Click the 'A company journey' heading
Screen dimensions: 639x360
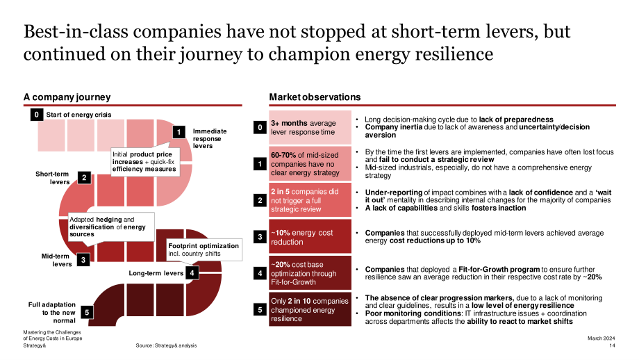click(x=67, y=97)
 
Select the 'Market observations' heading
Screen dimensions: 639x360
click(x=315, y=97)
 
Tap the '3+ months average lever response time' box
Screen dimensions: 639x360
click(x=310, y=127)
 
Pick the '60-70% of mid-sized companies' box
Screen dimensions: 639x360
click(x=310, y=163)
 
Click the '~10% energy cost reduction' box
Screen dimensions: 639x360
click(x=310, y=236)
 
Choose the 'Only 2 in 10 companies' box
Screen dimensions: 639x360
click(x=310, y=309)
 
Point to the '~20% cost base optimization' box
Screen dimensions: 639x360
click(x=310, y=272)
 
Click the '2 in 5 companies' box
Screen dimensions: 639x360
click(x=310, y=199)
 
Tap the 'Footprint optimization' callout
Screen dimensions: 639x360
click(x=204, y=249)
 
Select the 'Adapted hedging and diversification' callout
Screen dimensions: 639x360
click(x=111, y=227)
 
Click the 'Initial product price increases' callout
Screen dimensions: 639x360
click(x=145, y=161)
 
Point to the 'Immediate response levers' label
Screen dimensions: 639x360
click(x=210, y=138)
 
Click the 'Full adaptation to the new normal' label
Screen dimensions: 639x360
click(x=52, y=312)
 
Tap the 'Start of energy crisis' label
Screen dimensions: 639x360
click(x=78, y=115)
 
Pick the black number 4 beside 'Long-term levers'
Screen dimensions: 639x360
click(x=192, y=272)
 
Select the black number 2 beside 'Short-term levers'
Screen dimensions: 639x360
click(x=84, y=177)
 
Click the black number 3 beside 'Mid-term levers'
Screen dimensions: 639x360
click(x=83, y=260)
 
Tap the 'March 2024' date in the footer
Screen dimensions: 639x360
click(x=601, y=338)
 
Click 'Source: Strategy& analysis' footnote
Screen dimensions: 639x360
click(x=166, y=345)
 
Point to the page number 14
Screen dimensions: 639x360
click(x=612, y=345)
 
